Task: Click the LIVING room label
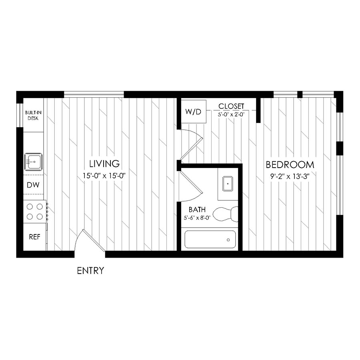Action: pos(104,163)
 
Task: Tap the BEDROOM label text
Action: pos(290,164)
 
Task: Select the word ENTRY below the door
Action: pos(90,271)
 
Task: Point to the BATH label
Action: pos(197,209)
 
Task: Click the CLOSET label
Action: pos(231,106)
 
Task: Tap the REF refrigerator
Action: pos(34,236)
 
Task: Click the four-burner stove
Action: pos(35,212)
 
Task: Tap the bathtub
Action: pos(210,240)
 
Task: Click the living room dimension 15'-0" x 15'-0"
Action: pos(104,175)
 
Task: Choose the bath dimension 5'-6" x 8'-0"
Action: pos(197,218)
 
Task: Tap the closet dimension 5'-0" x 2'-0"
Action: pos(231,114)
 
